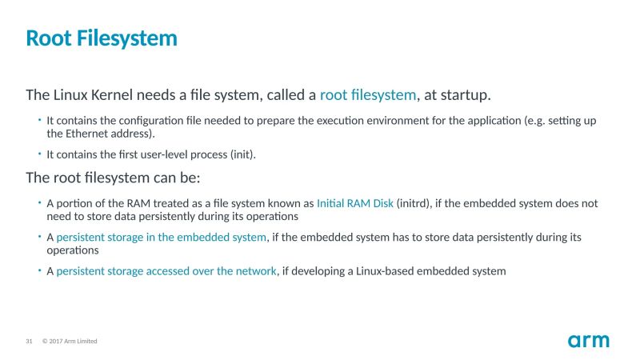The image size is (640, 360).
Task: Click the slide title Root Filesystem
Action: click(102, 38)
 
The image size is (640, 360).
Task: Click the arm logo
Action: click(589, 341)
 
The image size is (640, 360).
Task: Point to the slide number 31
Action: click(29, 342)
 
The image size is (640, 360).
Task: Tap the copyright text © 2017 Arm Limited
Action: click(70, 342)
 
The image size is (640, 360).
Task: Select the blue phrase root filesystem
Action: click(368, 95)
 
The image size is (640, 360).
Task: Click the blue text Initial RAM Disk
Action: click(355, 203)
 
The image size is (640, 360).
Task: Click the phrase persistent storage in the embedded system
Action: click(161, 237)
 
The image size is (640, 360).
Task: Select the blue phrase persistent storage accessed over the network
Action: click(166, 271)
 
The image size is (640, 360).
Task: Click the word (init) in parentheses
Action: click(242, 154)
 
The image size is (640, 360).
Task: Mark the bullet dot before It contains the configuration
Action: click(39, 121)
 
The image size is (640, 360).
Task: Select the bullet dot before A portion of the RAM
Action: click(39, 203)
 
